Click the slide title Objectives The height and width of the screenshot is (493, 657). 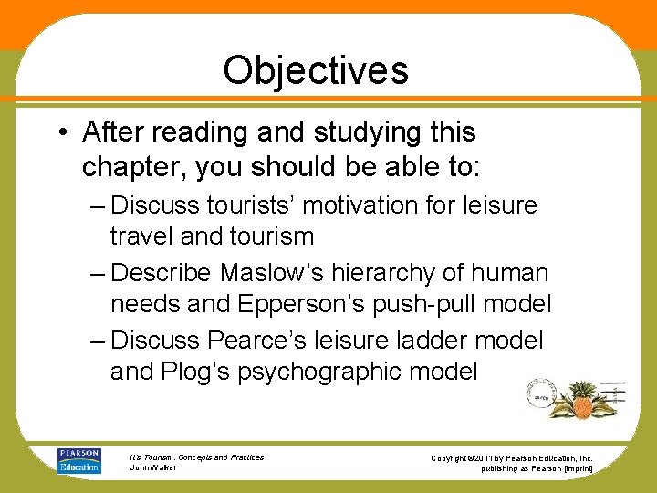point(316,70)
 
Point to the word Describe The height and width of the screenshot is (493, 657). point(162,273)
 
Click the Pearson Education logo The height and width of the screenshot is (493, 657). point(79,460)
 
